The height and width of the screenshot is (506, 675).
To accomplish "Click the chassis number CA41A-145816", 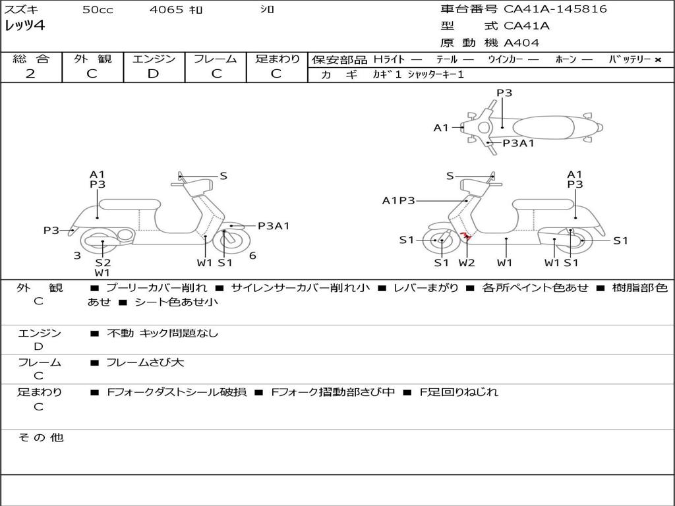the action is pos(555,9).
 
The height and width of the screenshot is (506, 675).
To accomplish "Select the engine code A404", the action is pos(521,43).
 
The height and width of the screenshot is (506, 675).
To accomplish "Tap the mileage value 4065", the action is pos(166,9).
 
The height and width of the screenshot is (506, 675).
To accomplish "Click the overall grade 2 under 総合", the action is pos(30,74).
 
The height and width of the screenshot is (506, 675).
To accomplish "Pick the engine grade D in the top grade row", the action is pos(153,74).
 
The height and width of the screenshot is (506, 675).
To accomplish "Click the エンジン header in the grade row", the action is pos(154,59).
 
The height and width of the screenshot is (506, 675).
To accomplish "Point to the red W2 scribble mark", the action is pos(465,235).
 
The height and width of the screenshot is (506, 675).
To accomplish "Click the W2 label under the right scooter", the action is pos(466,262).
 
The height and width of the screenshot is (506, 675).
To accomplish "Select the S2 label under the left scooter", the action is pos(103,262).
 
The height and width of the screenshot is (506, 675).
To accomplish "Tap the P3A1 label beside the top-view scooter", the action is pos(518,143).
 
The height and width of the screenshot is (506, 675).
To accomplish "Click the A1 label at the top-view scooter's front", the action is pos(441,128).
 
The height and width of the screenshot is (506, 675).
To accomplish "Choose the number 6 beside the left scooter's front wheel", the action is pos(252,256).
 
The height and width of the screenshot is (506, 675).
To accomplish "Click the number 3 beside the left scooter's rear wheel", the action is pos(77,256).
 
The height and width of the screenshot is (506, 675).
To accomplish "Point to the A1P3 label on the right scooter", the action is pos(398,200).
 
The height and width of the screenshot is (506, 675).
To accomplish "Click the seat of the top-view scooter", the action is pos(543,128).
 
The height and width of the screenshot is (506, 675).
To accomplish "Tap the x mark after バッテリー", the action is pos(658,60).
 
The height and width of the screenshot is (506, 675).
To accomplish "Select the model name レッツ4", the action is pos(24,26).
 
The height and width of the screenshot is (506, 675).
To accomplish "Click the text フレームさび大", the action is pos(145,363).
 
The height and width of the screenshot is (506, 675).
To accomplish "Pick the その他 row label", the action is pos(41,437).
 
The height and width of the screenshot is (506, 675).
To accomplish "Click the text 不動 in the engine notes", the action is pos(120,333).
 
